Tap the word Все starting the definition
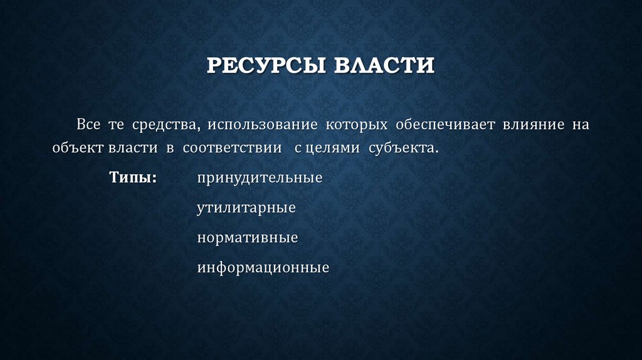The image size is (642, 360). (x=88, y=124)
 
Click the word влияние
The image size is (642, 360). (x=532, y=124)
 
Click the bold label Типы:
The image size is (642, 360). (x=133, y=177)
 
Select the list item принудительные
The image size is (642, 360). (x=260, y=177)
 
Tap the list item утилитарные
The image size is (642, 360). (x=246, y=208)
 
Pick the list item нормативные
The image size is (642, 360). (x=247, y=238)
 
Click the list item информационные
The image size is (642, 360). (x=263, y=268)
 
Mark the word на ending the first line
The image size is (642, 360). (x=580, y=124)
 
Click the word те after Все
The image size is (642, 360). (x=117, y=124)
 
